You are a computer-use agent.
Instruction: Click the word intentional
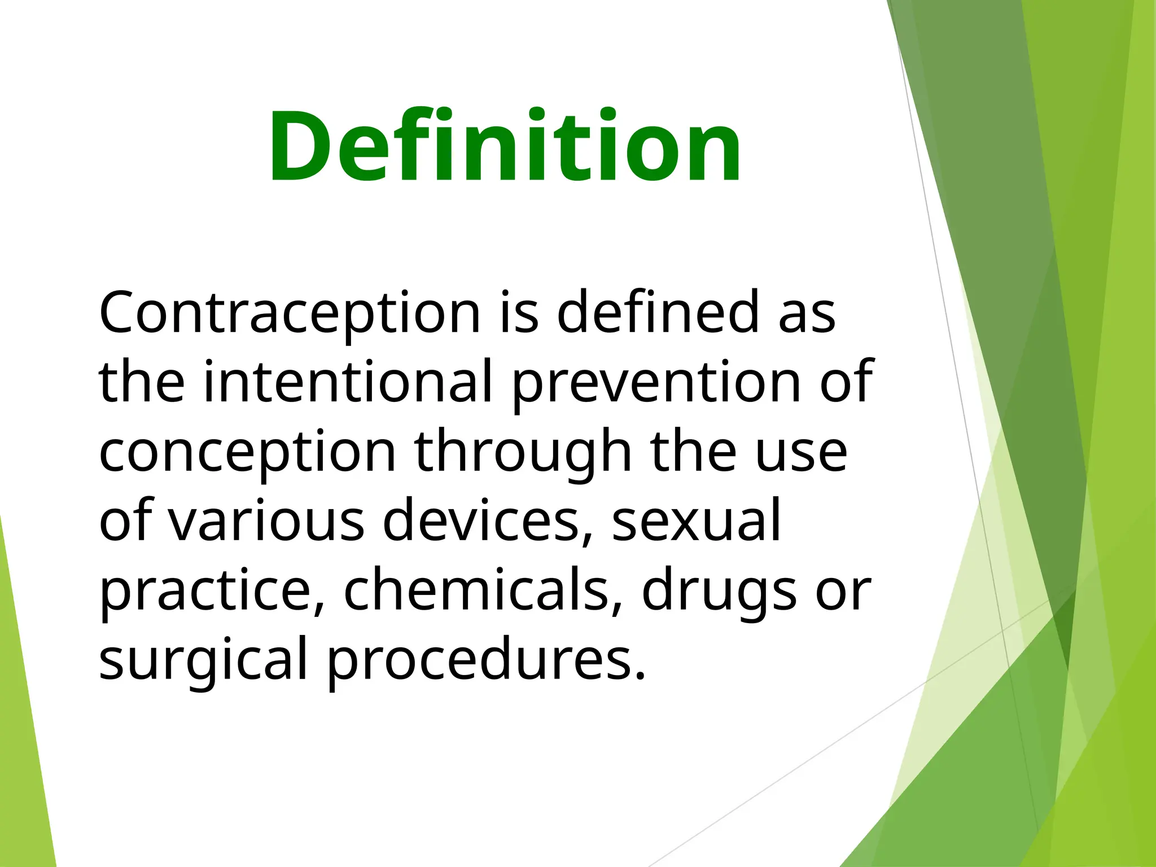[348, 382]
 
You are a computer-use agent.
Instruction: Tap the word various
[266, 520]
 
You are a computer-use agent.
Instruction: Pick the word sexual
[696, 520]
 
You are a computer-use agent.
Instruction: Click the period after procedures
[640, 676]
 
